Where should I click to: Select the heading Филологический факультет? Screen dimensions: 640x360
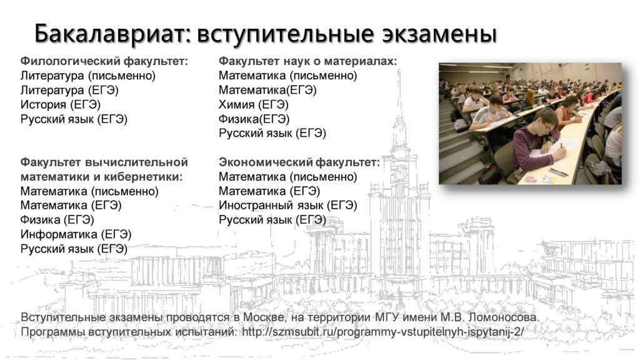coord(104,61)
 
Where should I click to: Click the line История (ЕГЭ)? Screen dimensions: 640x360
coord(61,105)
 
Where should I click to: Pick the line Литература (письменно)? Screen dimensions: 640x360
coord(88,76)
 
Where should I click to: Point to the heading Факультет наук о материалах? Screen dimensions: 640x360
coord(307,61)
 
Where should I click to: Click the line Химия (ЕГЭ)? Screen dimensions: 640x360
coord(254,105)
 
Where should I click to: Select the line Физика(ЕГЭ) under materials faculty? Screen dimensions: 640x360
coord(254,119)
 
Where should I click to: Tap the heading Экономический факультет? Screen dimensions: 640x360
coord(299,162)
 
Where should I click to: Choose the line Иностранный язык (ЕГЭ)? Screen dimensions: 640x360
coord(287,205)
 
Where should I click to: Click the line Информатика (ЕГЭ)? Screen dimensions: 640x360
coord(76,234)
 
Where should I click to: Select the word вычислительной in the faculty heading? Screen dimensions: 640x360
coord(137,162)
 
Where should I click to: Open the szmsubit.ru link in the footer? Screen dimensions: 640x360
coord(382,332)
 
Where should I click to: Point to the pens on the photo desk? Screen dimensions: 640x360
coord(558,172)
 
